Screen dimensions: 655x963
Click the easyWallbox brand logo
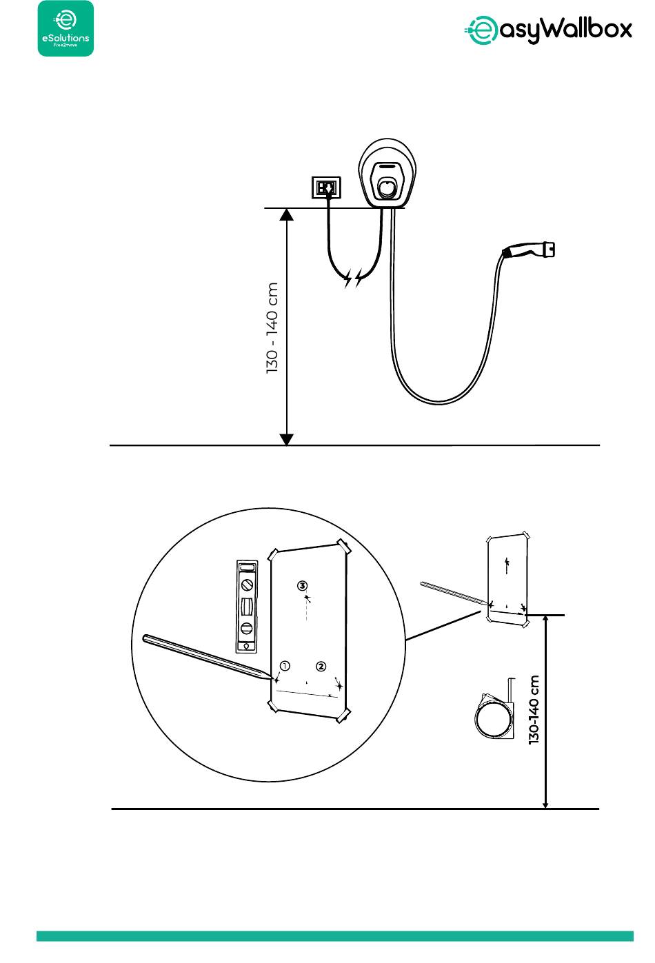(x=547, y=30)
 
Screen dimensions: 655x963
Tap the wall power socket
(x=325, y=187)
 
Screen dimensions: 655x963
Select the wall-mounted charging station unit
(x=387, y=174)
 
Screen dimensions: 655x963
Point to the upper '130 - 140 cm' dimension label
(x=273, y=327)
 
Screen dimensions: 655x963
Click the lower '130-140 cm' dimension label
(x=534, y=709)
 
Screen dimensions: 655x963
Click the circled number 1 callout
(x=285, y=666)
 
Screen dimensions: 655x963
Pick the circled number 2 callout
(x=321, y=666)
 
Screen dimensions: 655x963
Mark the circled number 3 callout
(x=303, y=585)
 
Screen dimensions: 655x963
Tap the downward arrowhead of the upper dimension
(x=288, y=439)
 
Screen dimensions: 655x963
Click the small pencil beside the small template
(x=455, y=596)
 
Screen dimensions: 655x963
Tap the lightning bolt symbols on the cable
(x=353, y=278)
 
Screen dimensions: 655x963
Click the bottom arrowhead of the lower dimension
(x=546, y=803)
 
